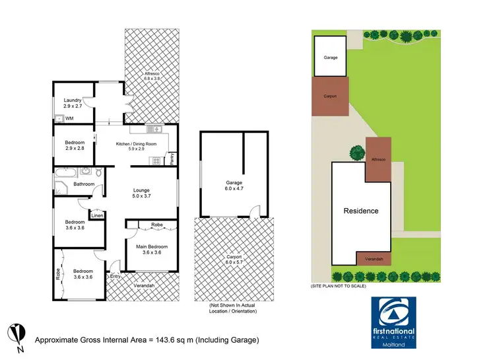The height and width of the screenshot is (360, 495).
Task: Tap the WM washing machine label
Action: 69,118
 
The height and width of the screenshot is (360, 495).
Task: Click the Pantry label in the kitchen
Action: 172,159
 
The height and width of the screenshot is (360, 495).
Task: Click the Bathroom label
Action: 84,184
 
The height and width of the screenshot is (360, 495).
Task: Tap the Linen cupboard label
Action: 97,215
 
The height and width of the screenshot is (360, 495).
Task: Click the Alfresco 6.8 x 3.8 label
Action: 151,75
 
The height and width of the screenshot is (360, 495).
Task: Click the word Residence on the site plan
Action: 361,211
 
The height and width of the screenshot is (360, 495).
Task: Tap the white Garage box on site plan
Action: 331,57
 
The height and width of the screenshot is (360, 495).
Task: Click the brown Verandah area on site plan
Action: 374,260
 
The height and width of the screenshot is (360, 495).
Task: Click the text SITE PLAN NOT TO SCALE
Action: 337,286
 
